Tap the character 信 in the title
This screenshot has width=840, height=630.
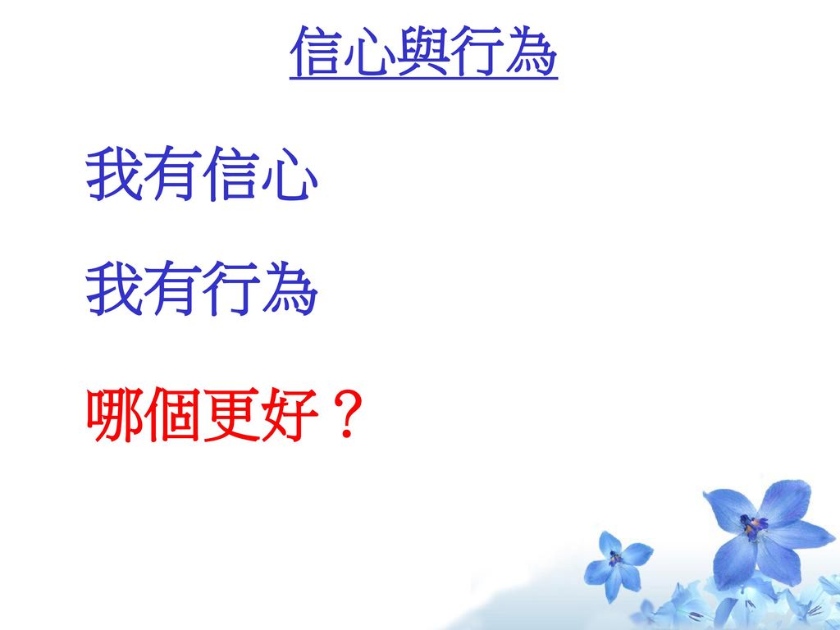[x=316, y=51]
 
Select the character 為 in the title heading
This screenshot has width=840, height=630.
[x=531, y=51]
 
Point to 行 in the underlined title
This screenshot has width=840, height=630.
[x=477, y=51]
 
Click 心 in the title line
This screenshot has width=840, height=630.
[x=370, y=52]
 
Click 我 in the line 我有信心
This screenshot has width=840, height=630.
[x=113, y=174]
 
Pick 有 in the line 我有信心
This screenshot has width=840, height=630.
[x=172, y=174]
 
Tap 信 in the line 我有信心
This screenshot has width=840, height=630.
[x=231, y=174]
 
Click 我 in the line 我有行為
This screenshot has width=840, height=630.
[x=113, y=289]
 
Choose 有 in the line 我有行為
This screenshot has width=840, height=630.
[x=172, y=289]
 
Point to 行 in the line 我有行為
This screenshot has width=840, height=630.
[x=231, y=289]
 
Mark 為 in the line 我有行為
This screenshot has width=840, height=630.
[x=290, y=289]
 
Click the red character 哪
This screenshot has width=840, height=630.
[x=114, y=414]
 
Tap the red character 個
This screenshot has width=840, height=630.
[x=172, y=414]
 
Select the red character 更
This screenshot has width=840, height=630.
[x=231, y=414]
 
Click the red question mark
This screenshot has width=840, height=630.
[x=348, y=415]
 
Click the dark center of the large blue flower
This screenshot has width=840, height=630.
[x=752, y=526]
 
